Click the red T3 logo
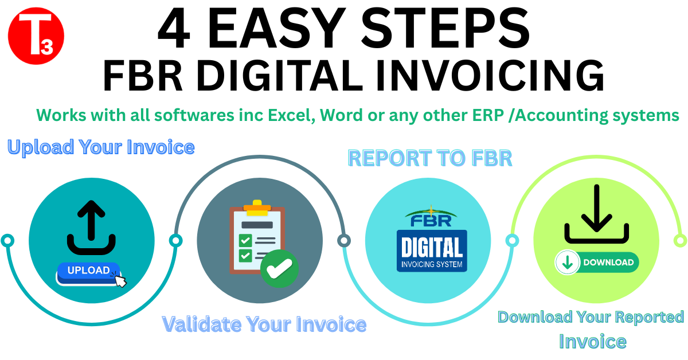point(36,36)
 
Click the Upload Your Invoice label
point(101,147)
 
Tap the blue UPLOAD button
point(88,271)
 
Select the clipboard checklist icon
point(257,236)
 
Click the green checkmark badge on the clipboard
point(279,267)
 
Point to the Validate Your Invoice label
point(264,324)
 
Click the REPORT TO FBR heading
point(430,158)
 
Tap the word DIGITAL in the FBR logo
point(432,248)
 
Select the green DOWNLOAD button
point(597,263)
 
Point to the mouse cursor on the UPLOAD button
point(120,280)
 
